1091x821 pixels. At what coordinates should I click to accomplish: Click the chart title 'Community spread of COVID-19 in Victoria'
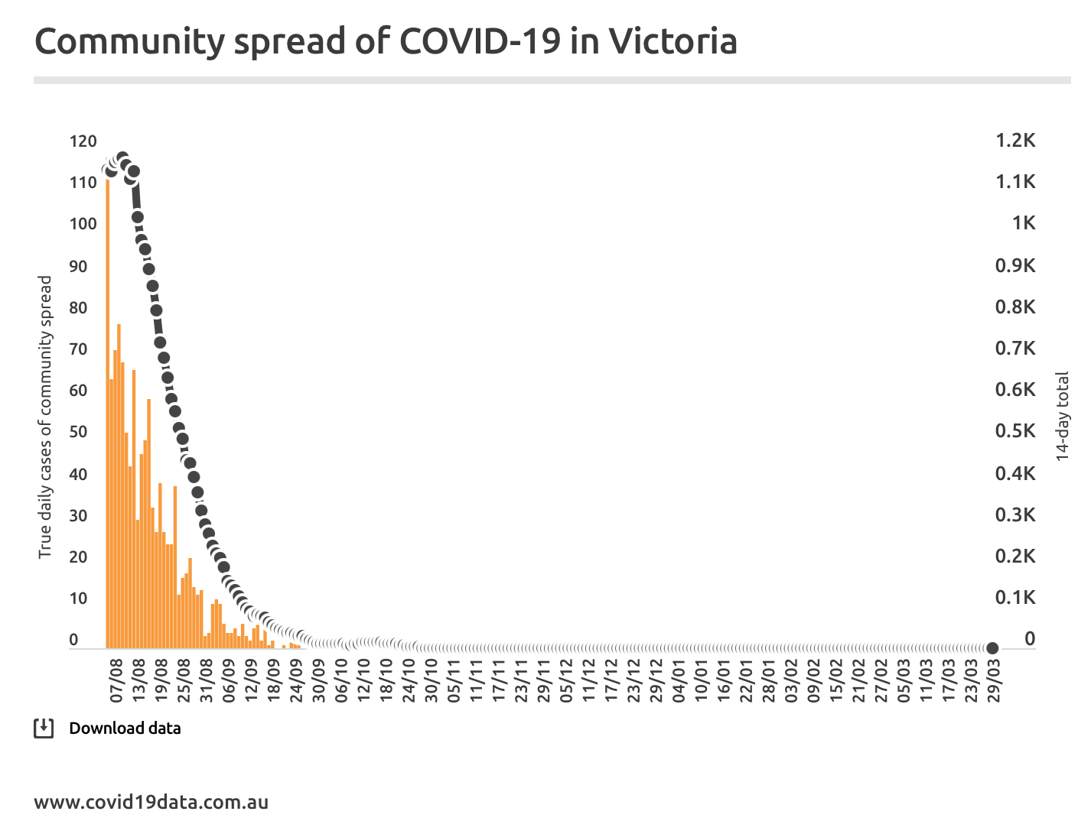pyautogui.click(x=386, y=41)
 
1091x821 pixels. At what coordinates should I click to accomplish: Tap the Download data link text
pyautogui.click(x=125, y=729)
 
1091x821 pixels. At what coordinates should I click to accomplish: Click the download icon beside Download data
pyautogui.click(x=44, y=729)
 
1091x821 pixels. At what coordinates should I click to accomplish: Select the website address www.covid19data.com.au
pyautogui.click(x=151, y=803)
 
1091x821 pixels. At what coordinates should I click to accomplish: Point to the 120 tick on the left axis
pyautogui.click(x=83, y=141)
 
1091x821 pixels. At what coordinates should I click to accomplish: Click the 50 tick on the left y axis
pyautogui.click(x=78, y=432)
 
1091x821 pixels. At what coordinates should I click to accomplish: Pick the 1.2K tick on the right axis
pyautogui.click(x=1015, y=141)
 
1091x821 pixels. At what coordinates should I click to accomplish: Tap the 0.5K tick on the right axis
pyautogui.click(x=1015, y=431)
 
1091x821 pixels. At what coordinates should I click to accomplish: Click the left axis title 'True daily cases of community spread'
pyautogui.click(x=45, y=417)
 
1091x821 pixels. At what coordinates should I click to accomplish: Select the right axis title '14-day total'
pyautogui.click(x=1062, y=417)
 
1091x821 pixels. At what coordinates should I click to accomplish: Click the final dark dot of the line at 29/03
pyautogui.click(x=992, y=648)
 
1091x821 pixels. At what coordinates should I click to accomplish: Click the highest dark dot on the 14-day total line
pyautogui.click(x=122, y=158)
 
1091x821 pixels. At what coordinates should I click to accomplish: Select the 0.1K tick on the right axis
pyautogui.click(x=1015, y=597)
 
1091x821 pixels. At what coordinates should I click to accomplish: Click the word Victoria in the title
pyautogui.click(x=673, y=41)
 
